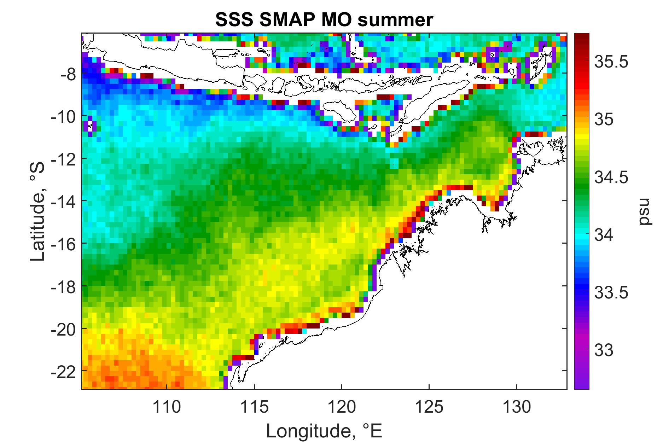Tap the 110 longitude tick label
click(x=167, y=407)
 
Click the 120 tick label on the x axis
click(x=342, y=407)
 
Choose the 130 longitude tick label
click(x=517, y=407)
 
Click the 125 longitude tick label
click(x=429, y=407)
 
